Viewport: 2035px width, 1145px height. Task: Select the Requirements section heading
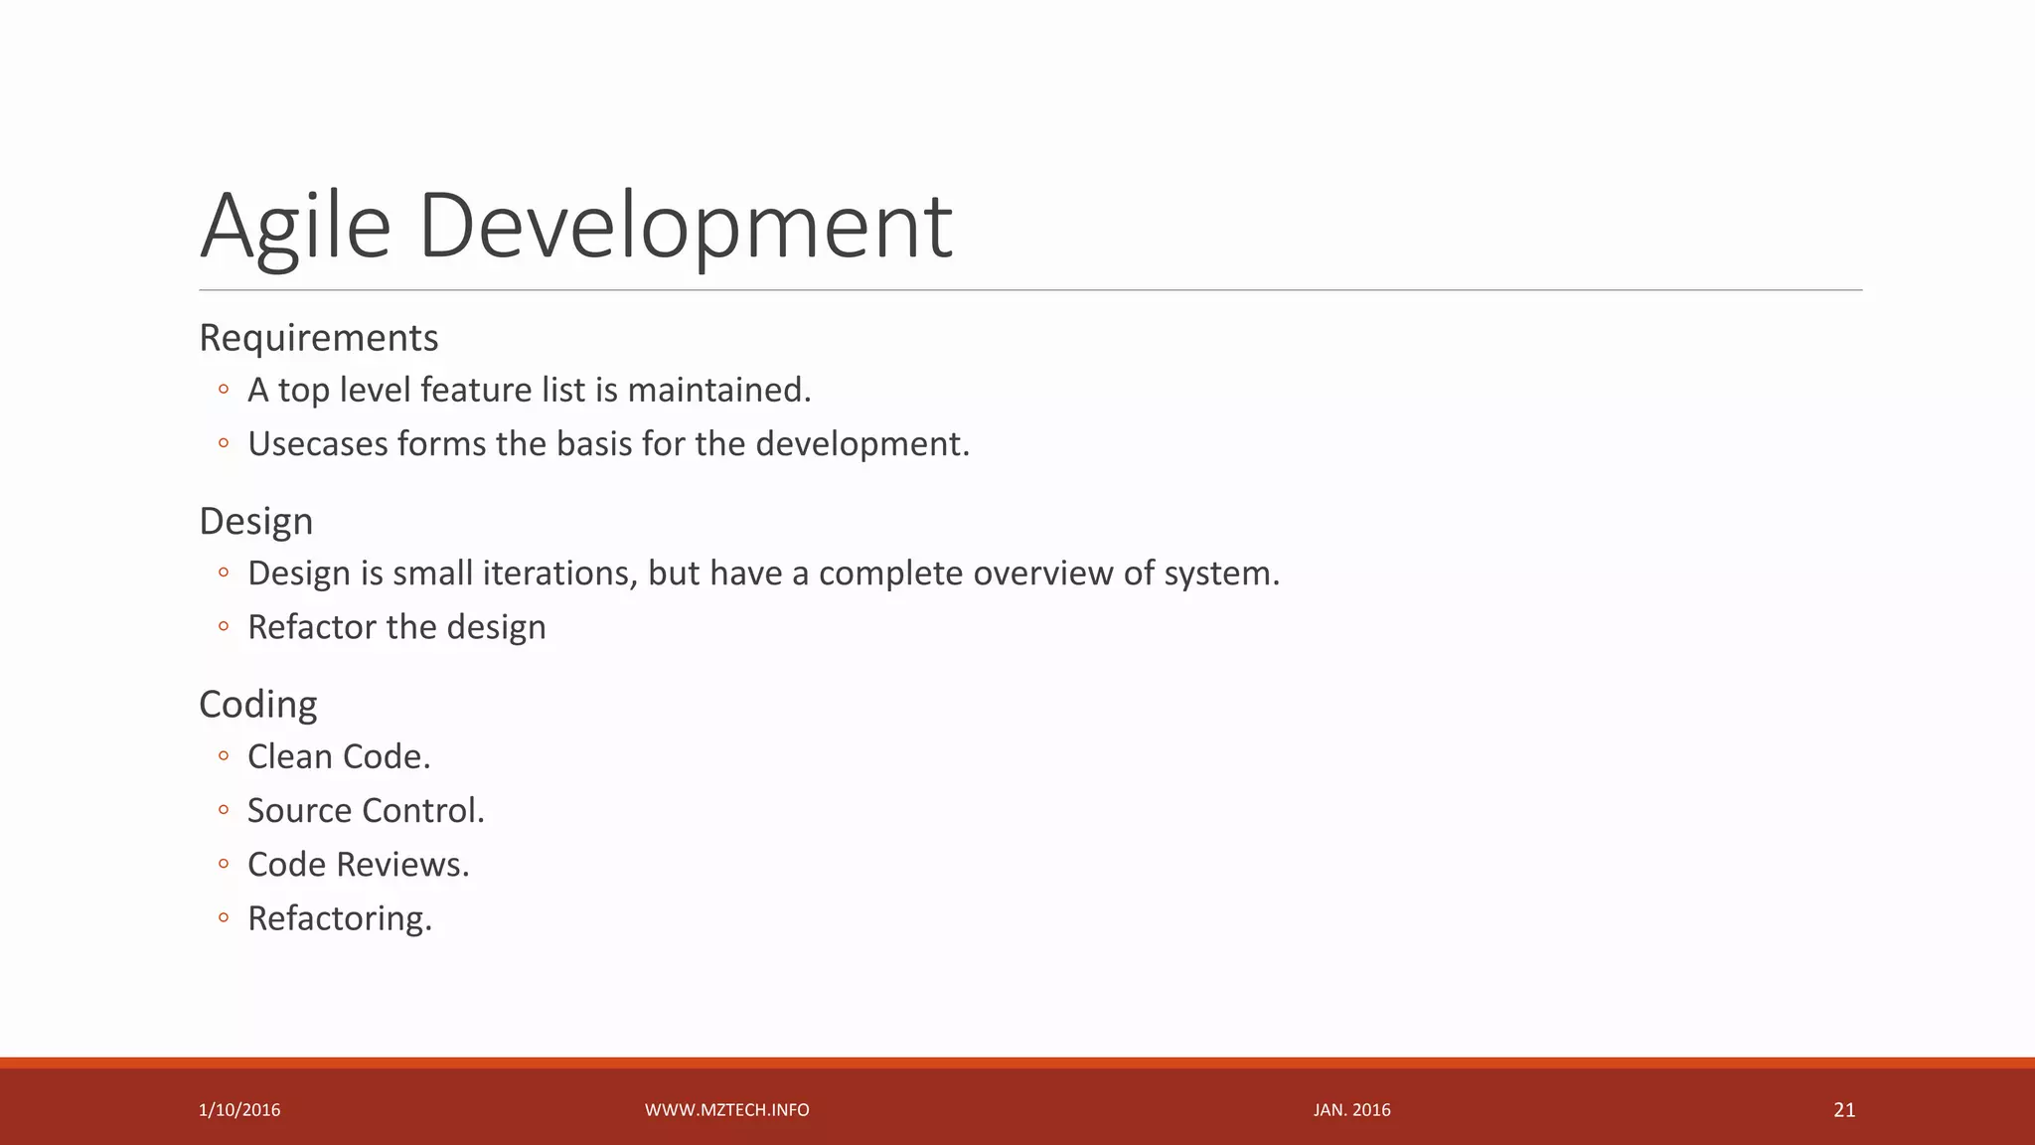point(318,338)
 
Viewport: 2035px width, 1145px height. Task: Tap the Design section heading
point(255,521)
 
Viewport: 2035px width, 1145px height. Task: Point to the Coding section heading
point(257,704)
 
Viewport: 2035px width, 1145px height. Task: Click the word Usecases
point(318,443)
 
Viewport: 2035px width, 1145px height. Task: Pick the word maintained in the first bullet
point(718,390)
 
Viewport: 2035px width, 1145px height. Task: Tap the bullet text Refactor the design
point(396,627)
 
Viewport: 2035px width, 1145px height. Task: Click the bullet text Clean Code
point(339,756)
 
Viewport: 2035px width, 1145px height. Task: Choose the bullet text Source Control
point(366,810)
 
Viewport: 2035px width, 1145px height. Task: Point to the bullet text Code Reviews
point(358,865)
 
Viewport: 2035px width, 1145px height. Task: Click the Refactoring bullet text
point(340,918)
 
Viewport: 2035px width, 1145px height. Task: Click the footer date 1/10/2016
point(239,1110)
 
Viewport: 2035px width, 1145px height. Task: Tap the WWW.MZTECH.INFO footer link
point(726,1110)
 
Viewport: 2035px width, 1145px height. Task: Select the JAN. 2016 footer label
point(1351,1110)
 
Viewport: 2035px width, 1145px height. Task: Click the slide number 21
point(1844,1110)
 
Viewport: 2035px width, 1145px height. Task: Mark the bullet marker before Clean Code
point(224,757)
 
